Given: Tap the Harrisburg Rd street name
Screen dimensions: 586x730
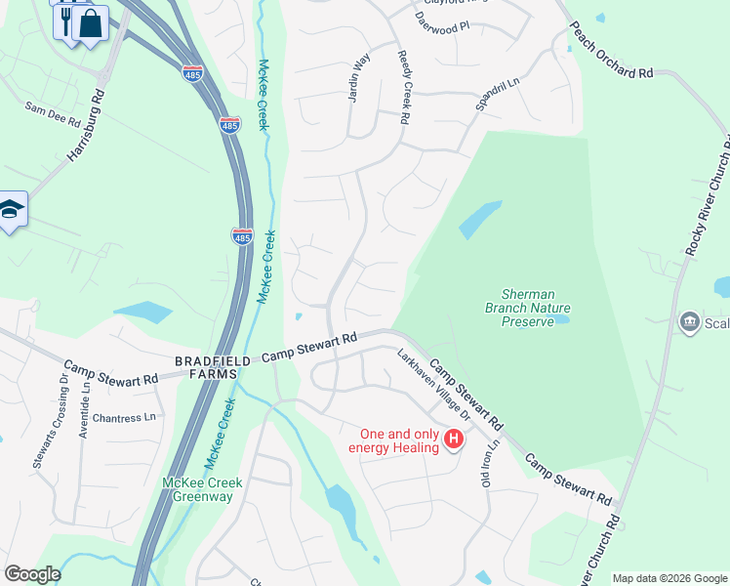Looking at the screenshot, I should pyautogui.click(x=86, y=126).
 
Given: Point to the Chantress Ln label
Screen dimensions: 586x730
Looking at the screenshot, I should pyautogui.click(x=122, y=418).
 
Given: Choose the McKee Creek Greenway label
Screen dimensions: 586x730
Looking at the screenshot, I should pyautogui.click(x=197, y=489).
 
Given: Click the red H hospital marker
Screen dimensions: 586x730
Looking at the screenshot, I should pyautogui.click(x=453, y=439).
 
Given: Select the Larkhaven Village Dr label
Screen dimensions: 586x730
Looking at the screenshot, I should pyautogui.click(x=433, y=385).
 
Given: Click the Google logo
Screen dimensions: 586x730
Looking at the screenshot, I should pyautogui.click(x=32, y=574).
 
